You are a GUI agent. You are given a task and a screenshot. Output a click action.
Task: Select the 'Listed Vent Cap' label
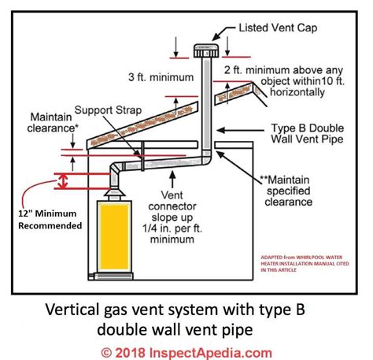[x=268, y=28]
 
